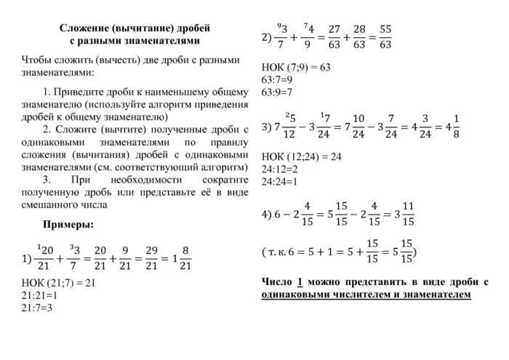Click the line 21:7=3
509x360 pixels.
pyautogui.click(x=38, y=307)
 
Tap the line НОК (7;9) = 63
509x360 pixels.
pyautogui.click(x=295, y=67)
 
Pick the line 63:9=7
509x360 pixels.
pyautogui.click(x=276, y=92)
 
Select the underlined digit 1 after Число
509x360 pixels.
pyautogui.click(x=300, y=281)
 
